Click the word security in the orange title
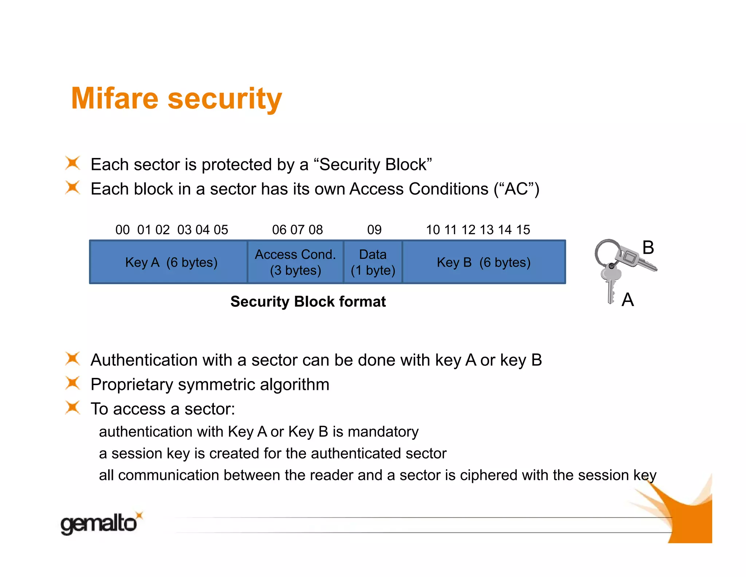click(225, 99)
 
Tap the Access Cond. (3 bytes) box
click(295, 262)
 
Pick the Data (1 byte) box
click(373, 262)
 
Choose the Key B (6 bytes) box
click(484, 262)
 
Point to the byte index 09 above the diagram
click(374, 230)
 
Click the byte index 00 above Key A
click(122, 230)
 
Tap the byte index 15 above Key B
click(523, 230)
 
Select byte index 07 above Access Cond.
click(297, 230)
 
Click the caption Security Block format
click(308, 302)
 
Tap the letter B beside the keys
click(648, 248)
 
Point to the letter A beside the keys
click(628, 300)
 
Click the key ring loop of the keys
click(606, 251)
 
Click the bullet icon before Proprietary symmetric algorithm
click(72, 383)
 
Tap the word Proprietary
click(132, 385)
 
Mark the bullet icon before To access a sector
click(72, 408)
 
